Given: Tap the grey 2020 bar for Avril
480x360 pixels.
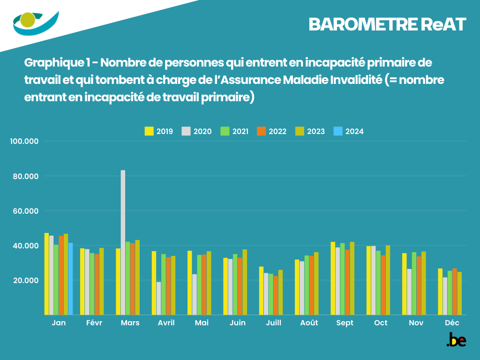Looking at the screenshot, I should [159, 298].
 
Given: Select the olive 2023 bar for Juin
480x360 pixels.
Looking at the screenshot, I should [245, 282].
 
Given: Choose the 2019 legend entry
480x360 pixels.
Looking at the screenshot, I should [158, 131].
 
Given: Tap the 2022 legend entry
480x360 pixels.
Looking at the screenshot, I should [271, 131].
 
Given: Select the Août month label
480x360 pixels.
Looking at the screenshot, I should [309, 323].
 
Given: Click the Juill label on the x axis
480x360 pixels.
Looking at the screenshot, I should [273, 323].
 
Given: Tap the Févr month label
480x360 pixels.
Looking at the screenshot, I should [94, 323].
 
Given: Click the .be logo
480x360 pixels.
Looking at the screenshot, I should [456, 340].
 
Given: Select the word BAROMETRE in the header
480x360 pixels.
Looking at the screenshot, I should [361, 25].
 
